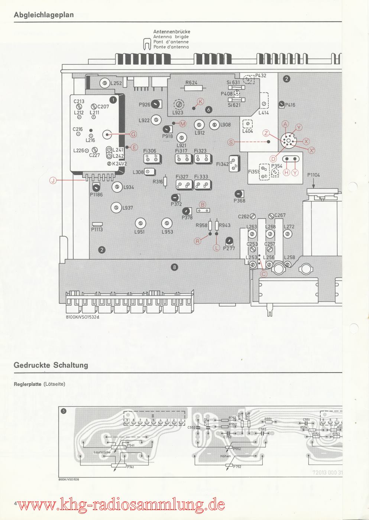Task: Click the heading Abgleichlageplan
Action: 44,15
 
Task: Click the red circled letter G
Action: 133,134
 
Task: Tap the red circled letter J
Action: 53,181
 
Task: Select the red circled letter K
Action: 200,101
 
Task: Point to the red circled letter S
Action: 231,142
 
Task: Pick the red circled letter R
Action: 198,241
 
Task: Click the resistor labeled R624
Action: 194,88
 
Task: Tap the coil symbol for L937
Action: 116,207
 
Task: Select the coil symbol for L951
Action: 140,223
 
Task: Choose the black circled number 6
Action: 208,109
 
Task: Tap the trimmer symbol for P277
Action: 229,241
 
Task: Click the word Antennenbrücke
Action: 172,32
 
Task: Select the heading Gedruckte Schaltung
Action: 51,365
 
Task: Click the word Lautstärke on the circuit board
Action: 103,452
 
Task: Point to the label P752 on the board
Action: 237,467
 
